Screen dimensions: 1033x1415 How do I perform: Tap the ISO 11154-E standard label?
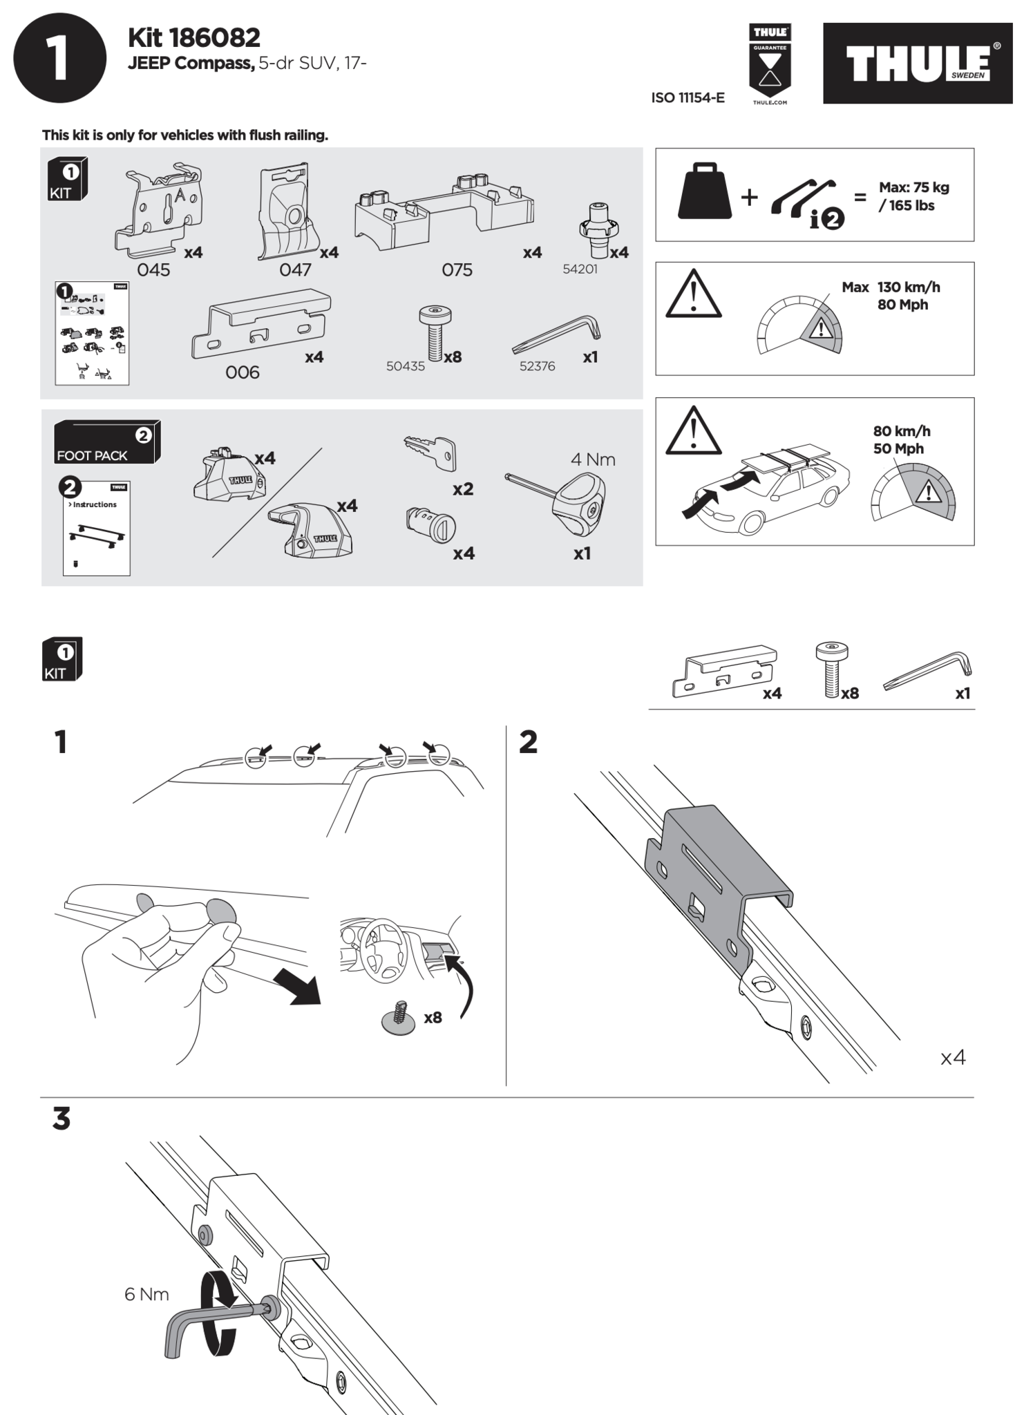coord(688,97)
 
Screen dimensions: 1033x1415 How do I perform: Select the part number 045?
coord(153,269)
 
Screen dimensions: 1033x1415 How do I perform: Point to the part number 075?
coord(457,269)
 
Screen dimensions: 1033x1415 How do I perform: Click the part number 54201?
coord(580,269)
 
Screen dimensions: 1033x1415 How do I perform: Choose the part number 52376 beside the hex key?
coord(537,366)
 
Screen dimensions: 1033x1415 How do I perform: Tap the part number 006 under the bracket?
coord(243,372)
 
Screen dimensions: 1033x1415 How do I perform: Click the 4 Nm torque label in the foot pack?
coord(593,459)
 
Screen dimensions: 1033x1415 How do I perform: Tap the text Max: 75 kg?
coord(913,187)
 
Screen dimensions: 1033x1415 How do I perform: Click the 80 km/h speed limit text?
coord(902,431)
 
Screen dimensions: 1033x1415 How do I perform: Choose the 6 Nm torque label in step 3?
coord(146,1294)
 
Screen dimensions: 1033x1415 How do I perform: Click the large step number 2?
coord(528,743)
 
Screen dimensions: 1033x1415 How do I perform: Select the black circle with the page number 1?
coord(60,58)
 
